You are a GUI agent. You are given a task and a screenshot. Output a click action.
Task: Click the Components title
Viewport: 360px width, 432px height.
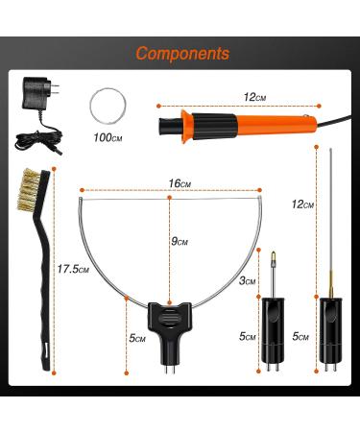pyautogui.click(x=182, y=54)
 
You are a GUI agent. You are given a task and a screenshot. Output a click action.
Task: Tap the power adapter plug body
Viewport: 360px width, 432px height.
pyautogui.click(x=36, y=93)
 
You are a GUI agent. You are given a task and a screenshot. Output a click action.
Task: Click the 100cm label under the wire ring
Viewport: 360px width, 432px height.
pyautogui.click(x=108, y=138)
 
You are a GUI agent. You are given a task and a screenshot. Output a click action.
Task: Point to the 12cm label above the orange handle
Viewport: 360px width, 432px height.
pyautogui.click(x=254, y=97)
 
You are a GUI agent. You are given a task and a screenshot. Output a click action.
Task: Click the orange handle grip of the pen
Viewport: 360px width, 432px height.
pyautogui.click(x=276, y=125)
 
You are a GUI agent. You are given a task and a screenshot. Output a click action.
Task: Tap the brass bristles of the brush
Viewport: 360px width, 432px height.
pyautogui.click(x=28, y=190)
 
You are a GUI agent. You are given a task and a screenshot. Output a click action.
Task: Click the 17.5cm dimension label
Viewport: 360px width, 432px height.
pyautogui.click(x=73, y=269)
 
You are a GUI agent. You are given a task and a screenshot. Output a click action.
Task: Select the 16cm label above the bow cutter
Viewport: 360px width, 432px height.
pyautogui.click(x=180, y=183)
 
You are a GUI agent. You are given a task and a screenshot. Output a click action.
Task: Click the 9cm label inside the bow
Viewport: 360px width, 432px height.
pyautogui.click(x=180, y=241)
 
